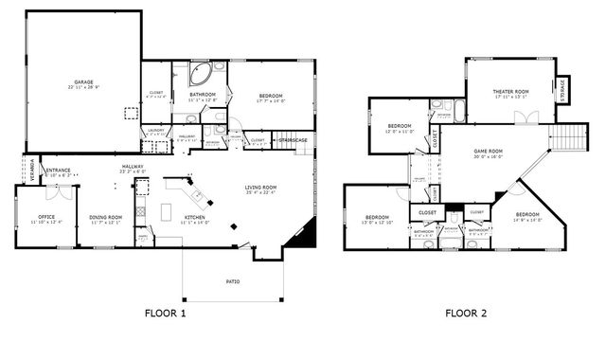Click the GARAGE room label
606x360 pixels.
84,83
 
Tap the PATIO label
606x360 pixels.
232,281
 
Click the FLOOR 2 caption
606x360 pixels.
471,313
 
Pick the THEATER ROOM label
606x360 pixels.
509,93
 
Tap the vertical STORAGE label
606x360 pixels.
562,90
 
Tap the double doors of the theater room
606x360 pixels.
526,118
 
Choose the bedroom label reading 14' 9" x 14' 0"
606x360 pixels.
526,217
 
